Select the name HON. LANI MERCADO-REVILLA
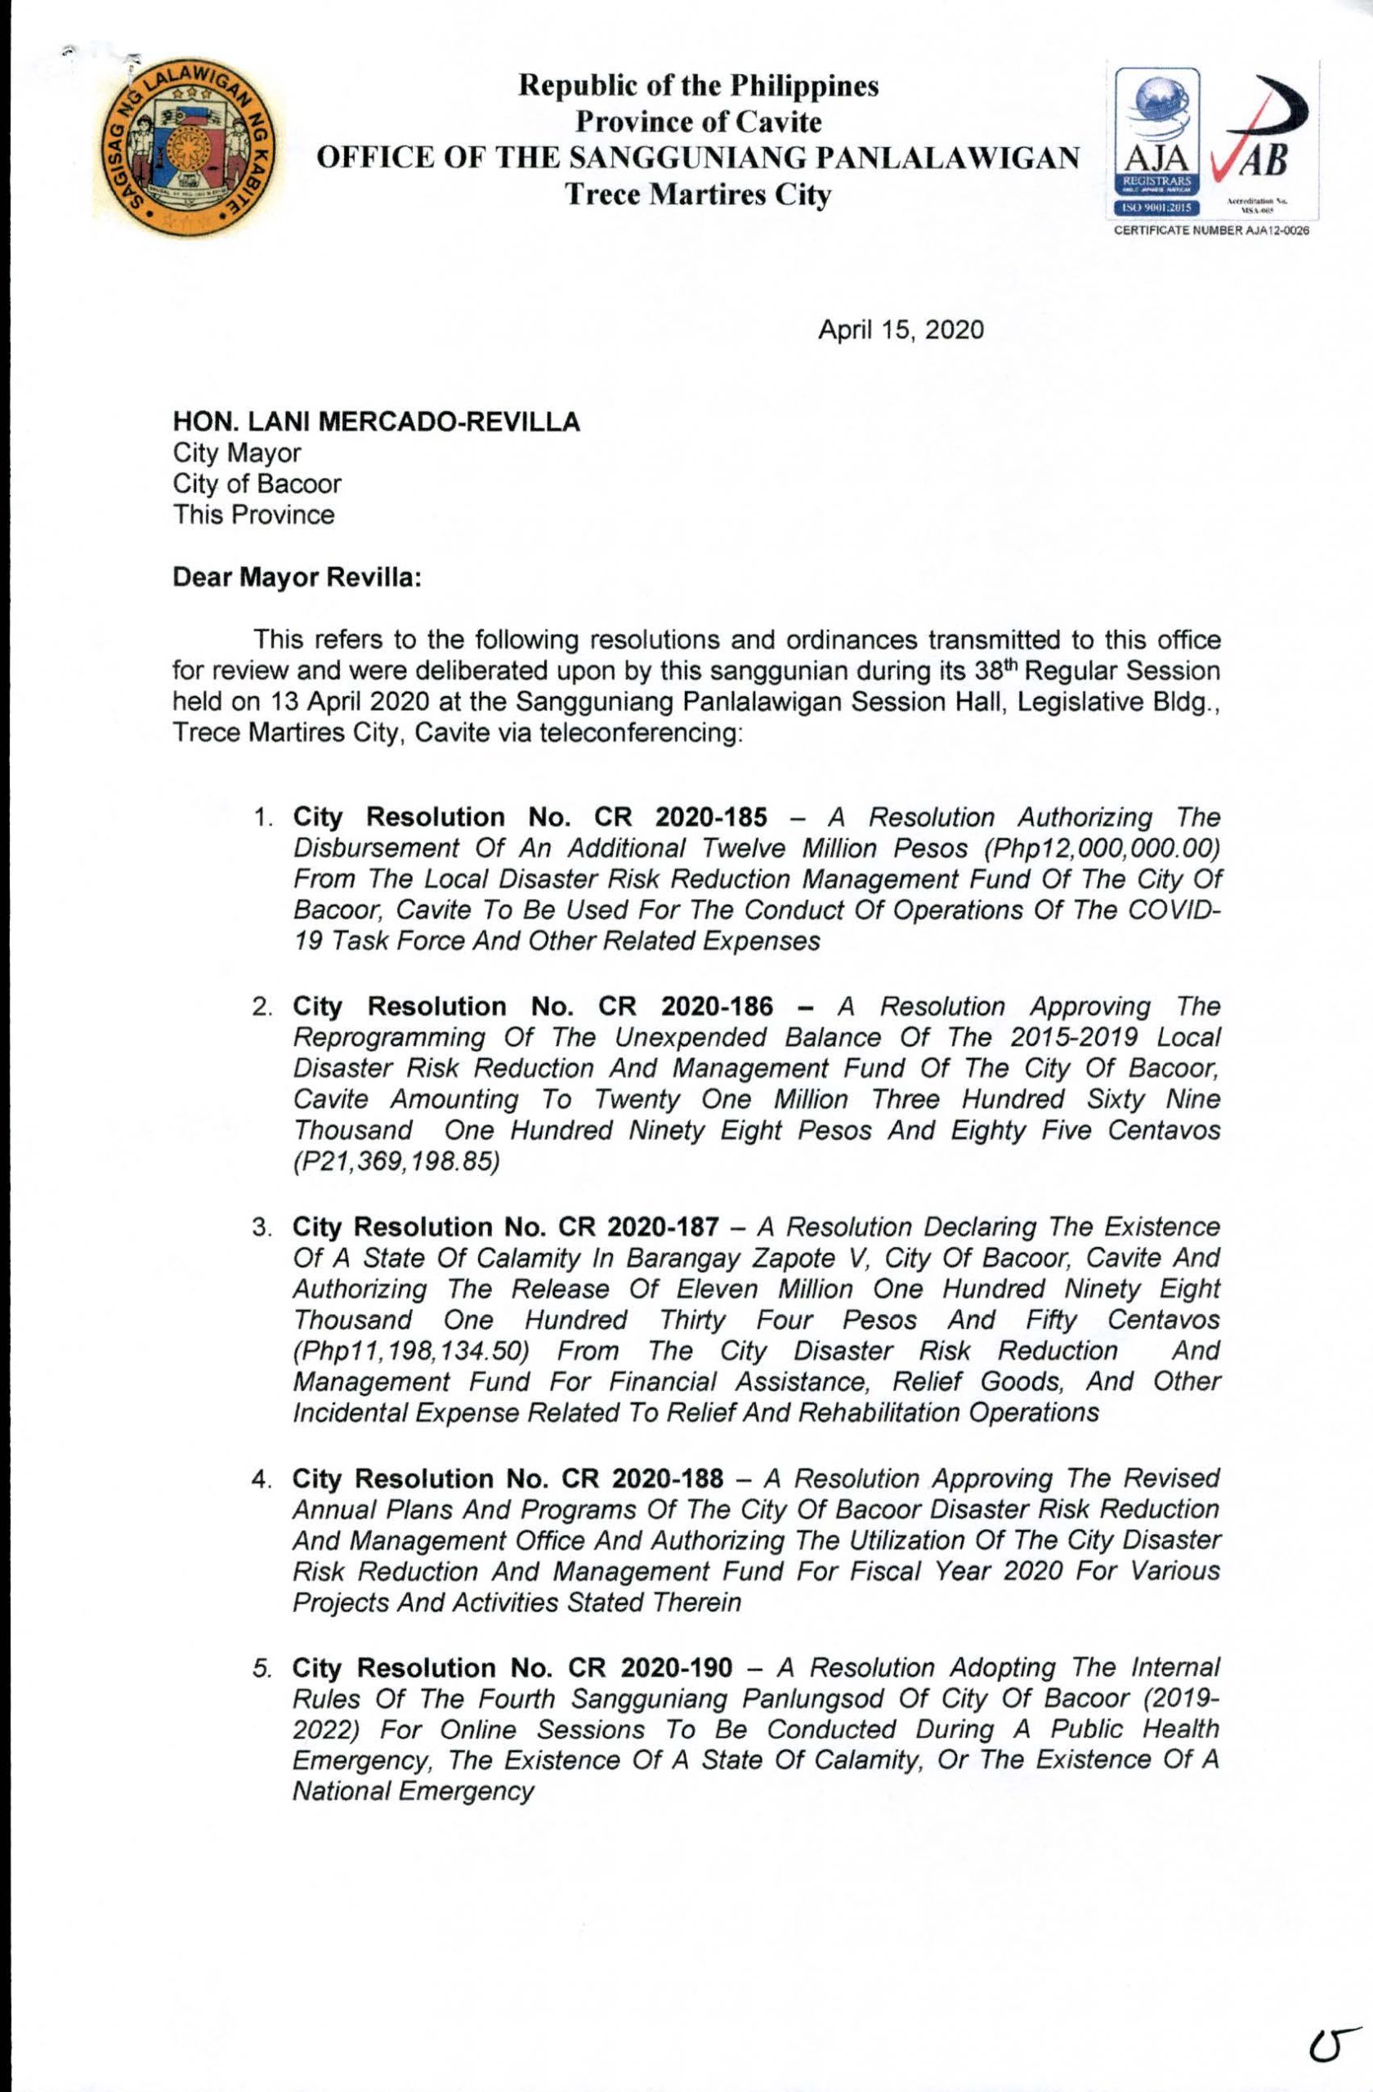376,422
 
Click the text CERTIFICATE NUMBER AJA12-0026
1205,231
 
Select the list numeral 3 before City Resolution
260,1228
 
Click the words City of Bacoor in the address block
257,485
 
